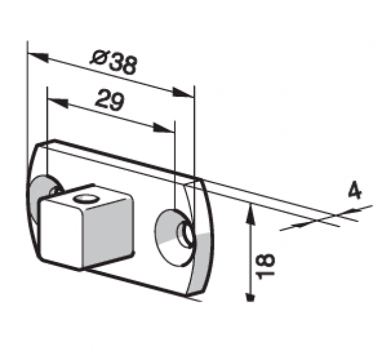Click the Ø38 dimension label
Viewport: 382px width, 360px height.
coord(113,63)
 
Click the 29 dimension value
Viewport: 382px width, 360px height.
coord(110,100)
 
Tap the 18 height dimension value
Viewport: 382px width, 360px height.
coord(265,267)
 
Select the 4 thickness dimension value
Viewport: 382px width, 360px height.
coord(355,191)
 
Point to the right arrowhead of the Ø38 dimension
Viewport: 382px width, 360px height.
coord(183,93)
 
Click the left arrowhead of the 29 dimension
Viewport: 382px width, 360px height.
coord(57,103)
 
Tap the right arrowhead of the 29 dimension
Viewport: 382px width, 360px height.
coord(164,128)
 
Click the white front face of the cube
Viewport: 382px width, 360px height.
coord(61,233)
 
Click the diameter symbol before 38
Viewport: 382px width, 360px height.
coord(98,58)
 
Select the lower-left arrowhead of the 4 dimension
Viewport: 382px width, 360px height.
coord(304,224)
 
